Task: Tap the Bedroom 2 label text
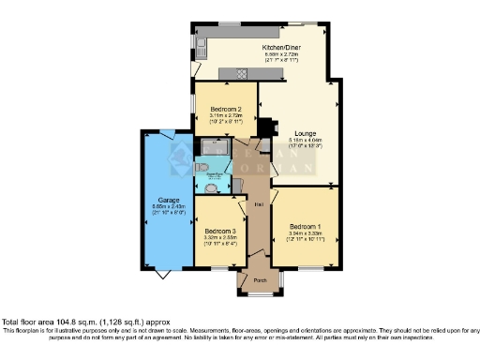(226, 109)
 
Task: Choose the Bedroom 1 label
(305, 226)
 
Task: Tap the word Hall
(255, 203)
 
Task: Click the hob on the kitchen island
(238, 73)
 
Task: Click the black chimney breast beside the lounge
(264, 127)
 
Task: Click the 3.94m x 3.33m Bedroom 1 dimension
(305, 232)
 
